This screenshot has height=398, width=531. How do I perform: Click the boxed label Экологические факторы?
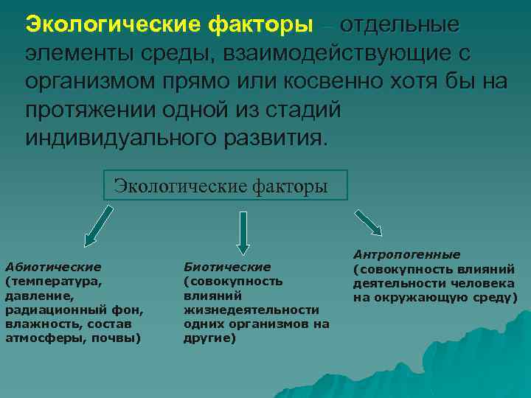coord(224,186)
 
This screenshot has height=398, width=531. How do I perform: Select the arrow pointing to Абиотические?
coord(99,225)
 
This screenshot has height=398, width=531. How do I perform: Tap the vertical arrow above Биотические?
coord(243,233)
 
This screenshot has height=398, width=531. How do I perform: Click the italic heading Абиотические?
coord(53,266)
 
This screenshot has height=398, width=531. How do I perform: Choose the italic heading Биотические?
coord(226,266)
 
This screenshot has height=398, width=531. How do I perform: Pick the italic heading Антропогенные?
coord(406,254)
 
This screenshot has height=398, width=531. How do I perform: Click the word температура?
coord(55,281)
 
